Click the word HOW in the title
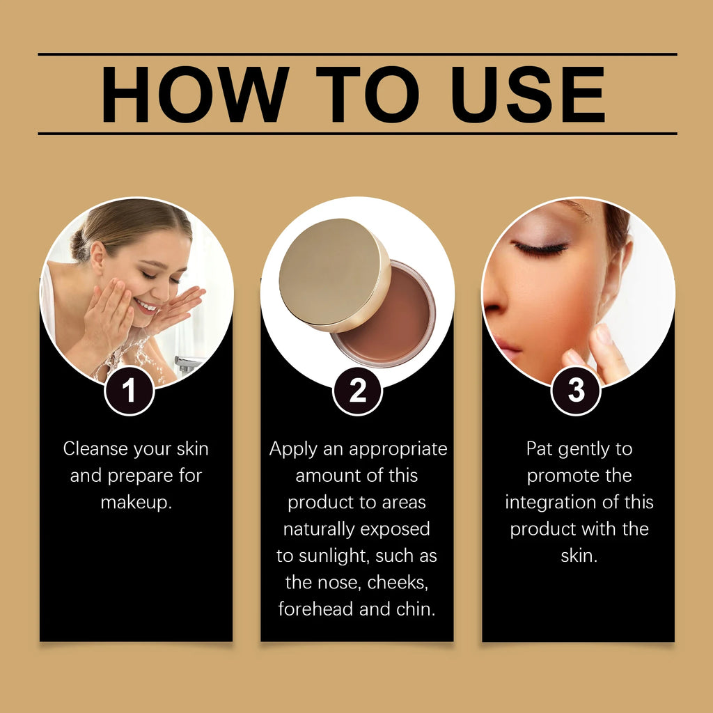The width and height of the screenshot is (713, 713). [195, 94]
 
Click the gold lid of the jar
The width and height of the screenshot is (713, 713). [334, 274]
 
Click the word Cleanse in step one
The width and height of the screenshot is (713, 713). [95, 449]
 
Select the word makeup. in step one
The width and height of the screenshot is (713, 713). [136, 503]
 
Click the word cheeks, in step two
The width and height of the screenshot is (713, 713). [398, 583]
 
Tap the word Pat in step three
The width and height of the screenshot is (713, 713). [539, 449]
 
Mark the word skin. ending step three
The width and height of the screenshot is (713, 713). [579, 556]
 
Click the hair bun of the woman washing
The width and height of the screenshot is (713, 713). [79, 246]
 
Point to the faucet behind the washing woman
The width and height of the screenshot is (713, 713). [187, 363]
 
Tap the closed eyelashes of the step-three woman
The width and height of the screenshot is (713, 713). [540, 249]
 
